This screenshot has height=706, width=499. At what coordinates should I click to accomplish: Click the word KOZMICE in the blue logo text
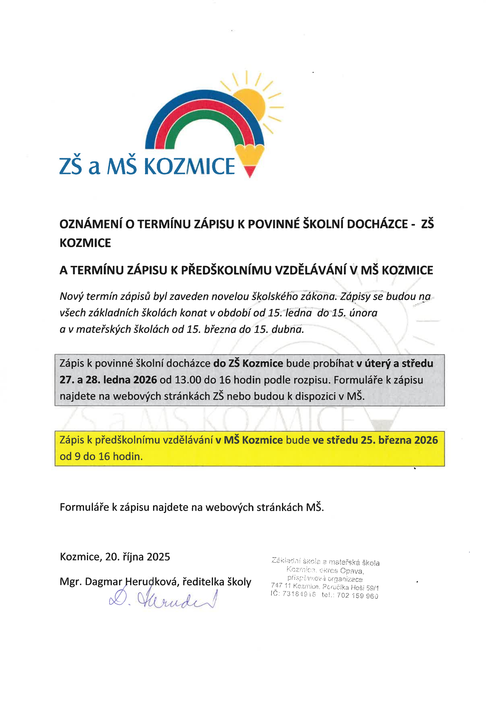click(189, 166)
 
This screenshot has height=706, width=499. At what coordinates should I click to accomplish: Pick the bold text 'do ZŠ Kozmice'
click(248, 363)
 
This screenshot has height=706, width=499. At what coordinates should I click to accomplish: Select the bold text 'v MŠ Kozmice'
click(249, 440)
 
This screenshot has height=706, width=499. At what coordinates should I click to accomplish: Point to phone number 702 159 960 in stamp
click(357, 596)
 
